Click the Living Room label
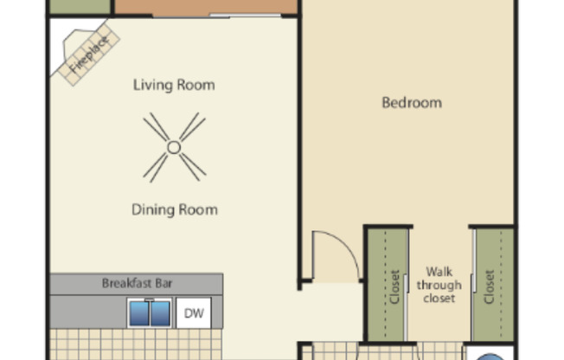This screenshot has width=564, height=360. pyautogui.click(x=174, y=85)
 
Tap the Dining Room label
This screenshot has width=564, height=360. pyautogui.click(x=174, y=209)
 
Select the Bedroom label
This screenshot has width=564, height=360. pyautogui.click(x=412, y=102)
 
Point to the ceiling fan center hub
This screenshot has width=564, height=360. pyautogui.click(x=174, y=147)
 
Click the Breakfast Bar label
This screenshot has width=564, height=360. pyautogui.click(x=137, y=283)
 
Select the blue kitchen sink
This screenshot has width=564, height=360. pyautogui.click(x=150, y=312)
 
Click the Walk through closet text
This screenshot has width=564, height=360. pyautogui.click(x=439, y=285)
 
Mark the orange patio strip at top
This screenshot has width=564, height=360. pyautogui.click(x=206, y=7)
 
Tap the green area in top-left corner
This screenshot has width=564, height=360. pyautogui.click(x=78, y=6)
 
